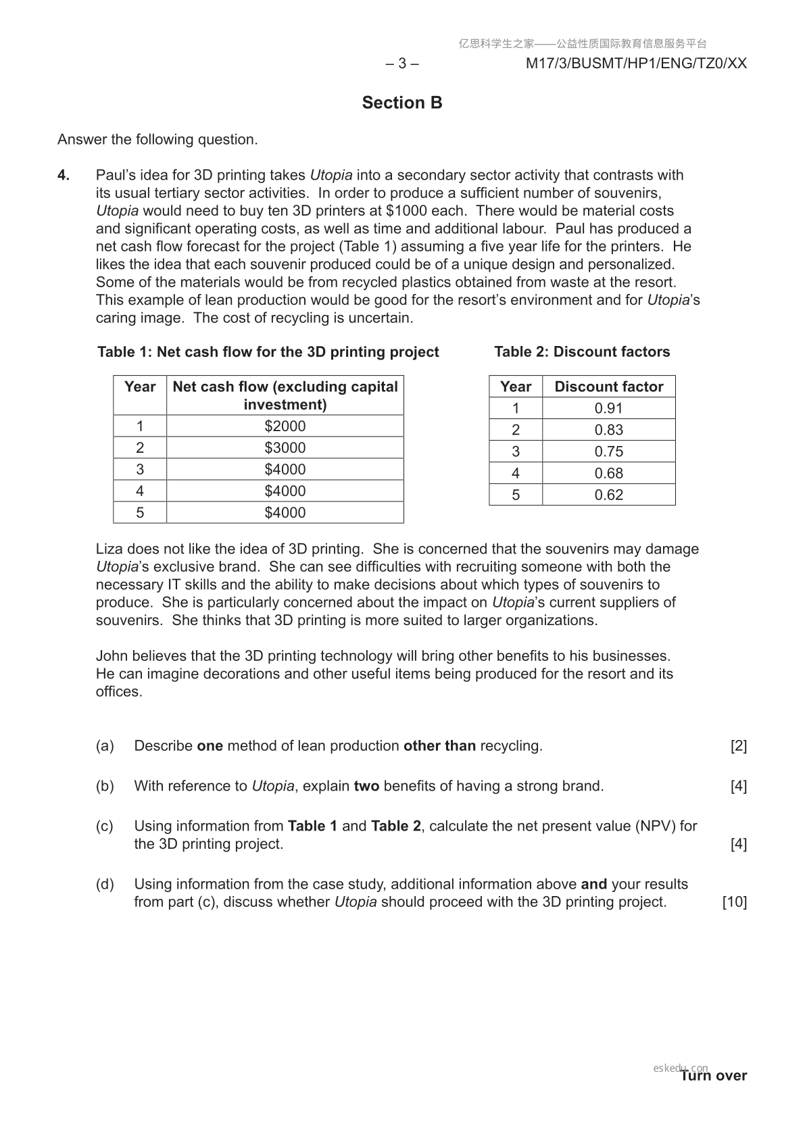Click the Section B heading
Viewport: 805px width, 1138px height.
pyautogui.click(x=402, y=103)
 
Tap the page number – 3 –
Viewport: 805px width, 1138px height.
pyautogui.click(x=402, y=64)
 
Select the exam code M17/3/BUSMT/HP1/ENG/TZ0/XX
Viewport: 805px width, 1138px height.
pyautogui.click(x=636, y=64)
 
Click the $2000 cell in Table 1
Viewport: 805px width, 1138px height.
pyautogui.click(x=285, y=426)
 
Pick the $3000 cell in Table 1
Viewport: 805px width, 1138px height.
pyautogui.click(x=285, y=448)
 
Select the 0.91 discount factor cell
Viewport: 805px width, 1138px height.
pyautogui.click(x=608, y=408)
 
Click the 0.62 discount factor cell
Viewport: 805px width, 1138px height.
pyautogui.click(x=608, y=495)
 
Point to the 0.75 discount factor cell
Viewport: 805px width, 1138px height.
pyautogui.click(x=608, y=451)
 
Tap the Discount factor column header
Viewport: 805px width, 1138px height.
pyautogui.click(x=608, y=387)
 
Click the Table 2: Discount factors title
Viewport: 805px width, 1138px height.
pyautogui.click(x=582, y=351)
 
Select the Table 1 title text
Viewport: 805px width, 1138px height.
pyautogui.click(x=268, y=351)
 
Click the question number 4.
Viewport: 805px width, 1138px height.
pyautogui.click(x=64, y=175)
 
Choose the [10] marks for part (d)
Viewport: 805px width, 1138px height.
pyautogui.click(x=734, y=902)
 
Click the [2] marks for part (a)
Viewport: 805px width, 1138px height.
pyautogui.click(x=738, y=746)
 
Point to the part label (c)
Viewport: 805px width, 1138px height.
pyautogui.click(x=105, y=826)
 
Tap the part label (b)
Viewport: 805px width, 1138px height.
pyautogui.click(x=105, y=786)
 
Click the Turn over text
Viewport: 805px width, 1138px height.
pyautogui.click(x=714, y=1076)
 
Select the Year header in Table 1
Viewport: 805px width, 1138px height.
pyautogui.click(x=140, y=387)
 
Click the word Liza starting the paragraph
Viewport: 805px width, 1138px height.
pyautogui.click(x=109, y=549)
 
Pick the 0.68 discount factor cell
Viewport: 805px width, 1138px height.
pyautogui.click(x=608, y=473)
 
